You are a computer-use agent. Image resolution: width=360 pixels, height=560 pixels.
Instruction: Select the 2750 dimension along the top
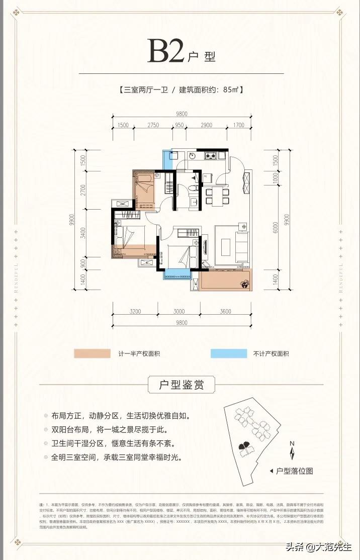[153, 125]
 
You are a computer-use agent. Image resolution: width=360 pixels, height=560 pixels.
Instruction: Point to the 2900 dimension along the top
[206, 125]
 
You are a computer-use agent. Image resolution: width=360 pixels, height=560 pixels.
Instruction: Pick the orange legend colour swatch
[92, 353]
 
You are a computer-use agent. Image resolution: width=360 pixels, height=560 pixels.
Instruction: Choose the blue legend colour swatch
[229, 353]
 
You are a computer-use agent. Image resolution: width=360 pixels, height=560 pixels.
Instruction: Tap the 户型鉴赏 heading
[181, 386]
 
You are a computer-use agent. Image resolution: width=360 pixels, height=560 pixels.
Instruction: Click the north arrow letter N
[291, 443]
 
